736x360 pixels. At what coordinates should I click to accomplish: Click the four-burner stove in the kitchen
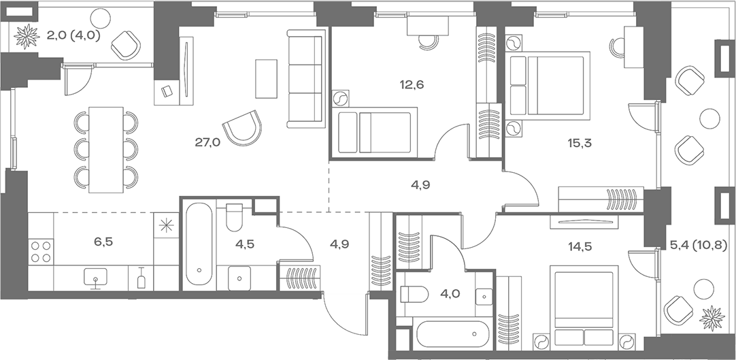[41, 252]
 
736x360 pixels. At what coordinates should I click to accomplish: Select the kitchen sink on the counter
[95, 277]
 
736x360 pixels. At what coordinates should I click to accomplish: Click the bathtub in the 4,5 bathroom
[199, 244]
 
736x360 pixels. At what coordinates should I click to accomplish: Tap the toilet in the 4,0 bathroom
[414, 295]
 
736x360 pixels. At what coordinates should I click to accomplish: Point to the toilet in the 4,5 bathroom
[234, 217]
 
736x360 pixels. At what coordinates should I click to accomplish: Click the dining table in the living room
[106, 149]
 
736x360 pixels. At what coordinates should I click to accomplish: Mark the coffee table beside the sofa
[266, 78]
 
